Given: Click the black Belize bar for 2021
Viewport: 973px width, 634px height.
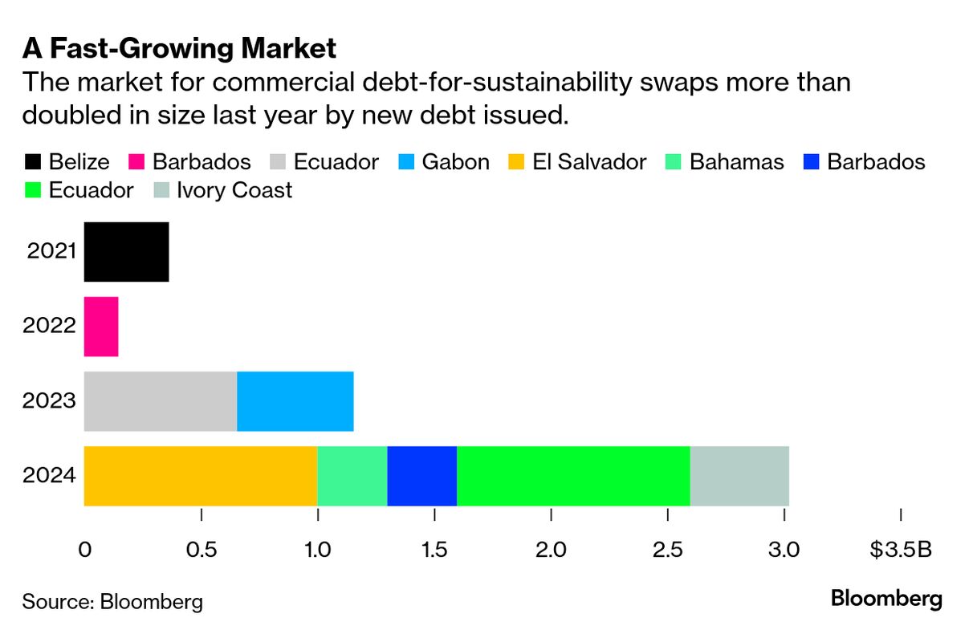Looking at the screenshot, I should click(126, 252).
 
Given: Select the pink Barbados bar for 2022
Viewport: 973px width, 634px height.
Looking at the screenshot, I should click(101, 327).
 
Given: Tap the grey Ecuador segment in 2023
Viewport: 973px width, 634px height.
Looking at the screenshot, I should click(161, 401).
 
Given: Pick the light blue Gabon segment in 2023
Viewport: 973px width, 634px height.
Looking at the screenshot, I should click(295, 401).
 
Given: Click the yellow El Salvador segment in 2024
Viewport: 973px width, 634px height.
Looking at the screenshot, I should click(201, 476).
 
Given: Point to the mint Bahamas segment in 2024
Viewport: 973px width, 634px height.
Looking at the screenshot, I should click(352, 476).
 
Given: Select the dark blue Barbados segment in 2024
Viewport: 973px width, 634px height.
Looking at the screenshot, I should click(421, 476).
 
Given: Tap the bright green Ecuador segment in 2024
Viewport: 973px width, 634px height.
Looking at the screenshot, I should click(573, 476).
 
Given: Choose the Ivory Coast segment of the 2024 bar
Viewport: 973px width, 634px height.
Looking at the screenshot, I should click(739, 476).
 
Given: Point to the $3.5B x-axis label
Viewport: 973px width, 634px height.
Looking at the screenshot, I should click(902, 551).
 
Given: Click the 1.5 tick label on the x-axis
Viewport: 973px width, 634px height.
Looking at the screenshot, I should click(434, 551).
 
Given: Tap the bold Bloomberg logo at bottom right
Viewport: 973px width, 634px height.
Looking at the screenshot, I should click(886, 599).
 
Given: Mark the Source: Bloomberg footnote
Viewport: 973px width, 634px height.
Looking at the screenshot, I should click(112, 602).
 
